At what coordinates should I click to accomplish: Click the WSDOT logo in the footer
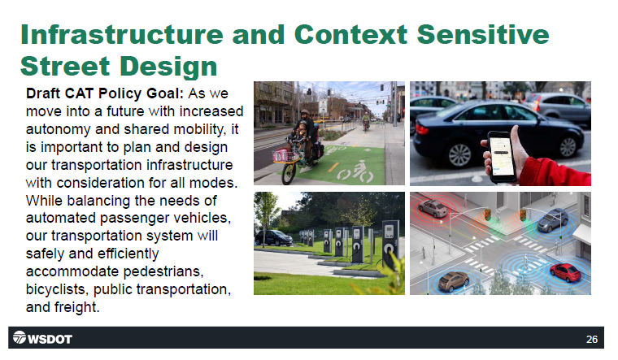tap(42, 338)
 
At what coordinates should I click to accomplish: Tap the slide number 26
tap(592, 339)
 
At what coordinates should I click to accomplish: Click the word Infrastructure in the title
tap(122, 34)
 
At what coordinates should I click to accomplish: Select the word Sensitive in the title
tap(483, 34)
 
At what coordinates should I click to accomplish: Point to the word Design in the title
tap(168, 66)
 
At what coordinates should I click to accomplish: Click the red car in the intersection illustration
tap(566, 272)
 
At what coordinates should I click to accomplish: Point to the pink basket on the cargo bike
tap(283, 155)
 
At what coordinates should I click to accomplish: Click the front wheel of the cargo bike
tap(289, 173)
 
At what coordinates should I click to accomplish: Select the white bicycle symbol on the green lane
tap(356, 173)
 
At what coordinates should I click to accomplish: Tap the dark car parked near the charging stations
tap(273, 238)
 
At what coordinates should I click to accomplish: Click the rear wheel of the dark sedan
tap(459, 155)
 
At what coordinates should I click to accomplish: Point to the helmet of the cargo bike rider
tap(305, 113)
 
